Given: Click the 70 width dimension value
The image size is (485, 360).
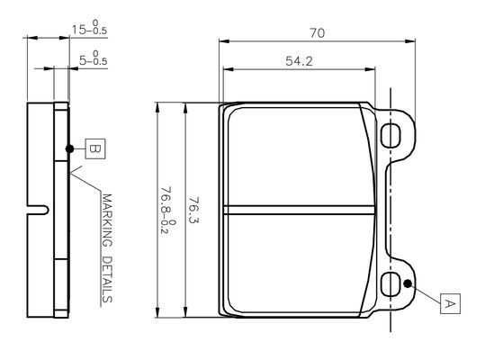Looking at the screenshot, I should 317,32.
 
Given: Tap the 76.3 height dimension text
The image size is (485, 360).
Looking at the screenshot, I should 193,209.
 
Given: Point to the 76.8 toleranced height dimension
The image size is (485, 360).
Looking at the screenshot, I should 165,209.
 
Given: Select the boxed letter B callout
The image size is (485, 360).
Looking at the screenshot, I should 95,149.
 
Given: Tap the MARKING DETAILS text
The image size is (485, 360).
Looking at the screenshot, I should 107,248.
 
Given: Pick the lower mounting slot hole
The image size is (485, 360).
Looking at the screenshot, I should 392,284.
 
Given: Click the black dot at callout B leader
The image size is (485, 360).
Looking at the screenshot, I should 68,149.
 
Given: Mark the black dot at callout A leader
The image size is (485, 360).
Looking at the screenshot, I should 409,284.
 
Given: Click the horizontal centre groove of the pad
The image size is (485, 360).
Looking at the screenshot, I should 300,210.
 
